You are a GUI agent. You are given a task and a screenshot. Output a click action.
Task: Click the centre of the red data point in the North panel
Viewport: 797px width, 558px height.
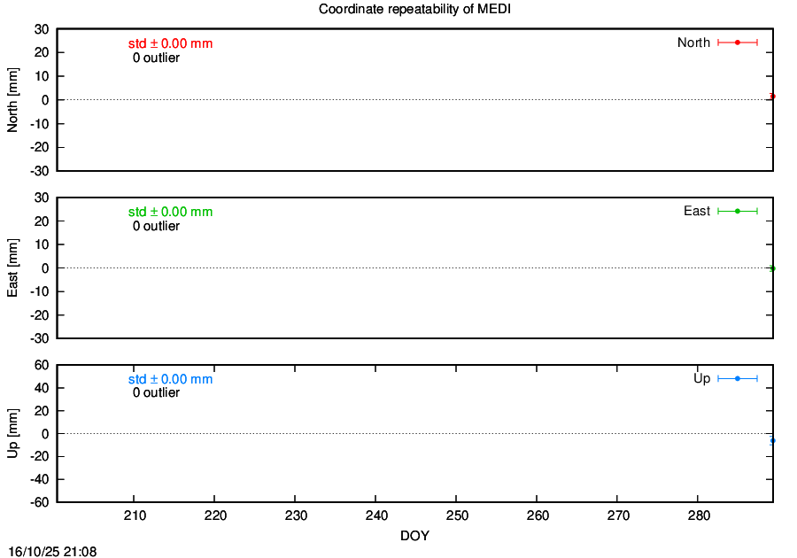point(772,96)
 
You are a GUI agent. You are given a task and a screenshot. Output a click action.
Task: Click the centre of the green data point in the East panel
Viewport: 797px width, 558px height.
point(772,268)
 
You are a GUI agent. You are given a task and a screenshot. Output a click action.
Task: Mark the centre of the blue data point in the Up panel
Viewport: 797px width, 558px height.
point(772,440)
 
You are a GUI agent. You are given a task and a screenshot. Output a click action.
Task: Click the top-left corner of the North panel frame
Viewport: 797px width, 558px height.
point(57,29)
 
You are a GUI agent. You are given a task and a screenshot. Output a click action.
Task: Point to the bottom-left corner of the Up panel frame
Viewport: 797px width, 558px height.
point(57,502)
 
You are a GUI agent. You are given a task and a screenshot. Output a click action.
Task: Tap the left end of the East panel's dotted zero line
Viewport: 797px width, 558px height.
point(58,267)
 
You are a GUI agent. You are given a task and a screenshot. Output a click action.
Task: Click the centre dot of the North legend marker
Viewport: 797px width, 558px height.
point(738,43)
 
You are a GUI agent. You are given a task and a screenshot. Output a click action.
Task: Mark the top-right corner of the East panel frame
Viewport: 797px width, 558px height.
point(773,198)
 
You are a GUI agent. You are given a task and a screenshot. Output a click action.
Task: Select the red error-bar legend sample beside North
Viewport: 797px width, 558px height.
point(738,43)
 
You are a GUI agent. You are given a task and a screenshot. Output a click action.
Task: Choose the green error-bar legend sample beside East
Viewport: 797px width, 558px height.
point(738,211)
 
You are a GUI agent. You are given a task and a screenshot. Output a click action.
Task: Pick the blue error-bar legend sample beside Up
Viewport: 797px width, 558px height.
point(738,378)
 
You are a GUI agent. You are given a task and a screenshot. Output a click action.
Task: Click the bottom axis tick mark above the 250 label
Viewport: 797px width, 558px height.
point(456,499)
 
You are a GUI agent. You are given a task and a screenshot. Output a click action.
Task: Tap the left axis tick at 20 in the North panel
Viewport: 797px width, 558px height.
point(60,52)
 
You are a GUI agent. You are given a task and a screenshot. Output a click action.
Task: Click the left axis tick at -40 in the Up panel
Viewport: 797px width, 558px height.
point(60,479)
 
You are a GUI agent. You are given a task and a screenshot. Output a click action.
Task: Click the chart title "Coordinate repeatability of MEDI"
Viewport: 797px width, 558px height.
point(414,9)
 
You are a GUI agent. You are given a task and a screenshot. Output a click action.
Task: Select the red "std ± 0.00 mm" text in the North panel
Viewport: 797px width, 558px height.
point(170,43)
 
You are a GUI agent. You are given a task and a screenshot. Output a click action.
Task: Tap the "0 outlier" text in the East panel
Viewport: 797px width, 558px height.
point(156,226)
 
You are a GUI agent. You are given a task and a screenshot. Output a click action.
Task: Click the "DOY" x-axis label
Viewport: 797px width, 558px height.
point(414,536)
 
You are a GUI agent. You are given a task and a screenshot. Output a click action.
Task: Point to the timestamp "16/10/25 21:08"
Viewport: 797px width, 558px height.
point(52,552)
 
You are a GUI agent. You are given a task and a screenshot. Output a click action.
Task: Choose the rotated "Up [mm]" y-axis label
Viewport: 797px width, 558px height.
point(12,433)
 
